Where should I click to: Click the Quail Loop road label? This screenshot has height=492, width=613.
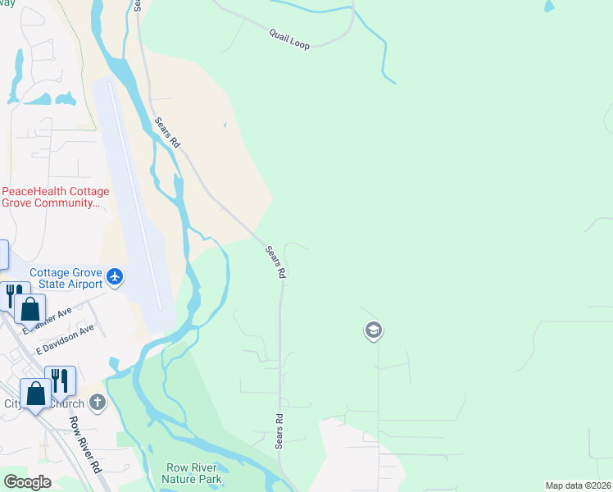[x=289, y=39]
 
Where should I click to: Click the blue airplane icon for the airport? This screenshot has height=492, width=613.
[x=114, y=277]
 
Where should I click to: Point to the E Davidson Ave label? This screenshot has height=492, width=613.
[x=65, y=339]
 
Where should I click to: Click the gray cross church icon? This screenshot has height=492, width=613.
[x=98, y=402]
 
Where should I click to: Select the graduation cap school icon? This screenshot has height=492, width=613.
[x=373, y=330]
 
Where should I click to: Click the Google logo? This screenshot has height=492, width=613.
[x=27, y=481]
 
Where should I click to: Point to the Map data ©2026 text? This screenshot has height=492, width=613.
[x=579, y=485]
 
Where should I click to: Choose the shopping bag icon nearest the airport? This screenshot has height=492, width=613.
[x=30, y=309]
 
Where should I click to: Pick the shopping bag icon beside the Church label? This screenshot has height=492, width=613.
[x=36, y=395]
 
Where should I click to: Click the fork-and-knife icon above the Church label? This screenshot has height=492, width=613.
[x=60, y=379]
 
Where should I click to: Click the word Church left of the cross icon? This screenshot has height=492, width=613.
[x=66, y=403]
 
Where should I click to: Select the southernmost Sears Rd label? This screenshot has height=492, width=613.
[x=279, y=429]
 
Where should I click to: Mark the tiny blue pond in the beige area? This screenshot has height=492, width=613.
[x=225, y=125]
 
